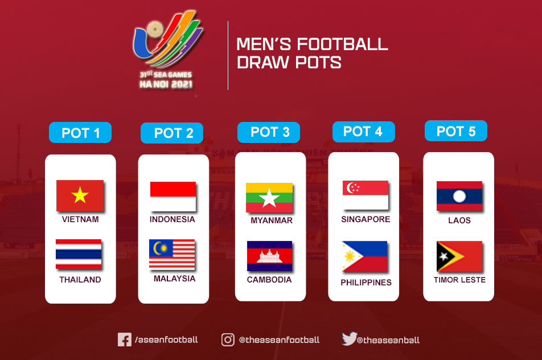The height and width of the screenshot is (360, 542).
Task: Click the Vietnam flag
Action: point(80,195)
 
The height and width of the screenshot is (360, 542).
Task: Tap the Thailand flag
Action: point(79,254)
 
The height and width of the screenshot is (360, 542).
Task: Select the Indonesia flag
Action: point(173,196)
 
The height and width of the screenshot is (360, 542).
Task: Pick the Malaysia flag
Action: point(172,254)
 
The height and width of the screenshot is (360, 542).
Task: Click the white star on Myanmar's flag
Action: point(269,198)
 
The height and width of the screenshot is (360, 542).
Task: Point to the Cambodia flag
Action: point(269,256)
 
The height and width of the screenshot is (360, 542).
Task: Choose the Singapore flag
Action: point(366,195)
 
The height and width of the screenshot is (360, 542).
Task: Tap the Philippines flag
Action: point(364,256)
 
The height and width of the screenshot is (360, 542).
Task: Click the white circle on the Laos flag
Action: point(459,197)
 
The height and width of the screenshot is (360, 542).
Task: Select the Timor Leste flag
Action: point(459,256)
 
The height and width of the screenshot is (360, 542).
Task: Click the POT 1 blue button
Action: point(80,133)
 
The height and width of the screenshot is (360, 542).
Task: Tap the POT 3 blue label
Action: point(269,132)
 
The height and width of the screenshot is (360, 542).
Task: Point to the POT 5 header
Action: point(456,130)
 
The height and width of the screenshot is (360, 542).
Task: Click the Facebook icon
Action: point(125,339)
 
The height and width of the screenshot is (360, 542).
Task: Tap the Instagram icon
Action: point(228,339)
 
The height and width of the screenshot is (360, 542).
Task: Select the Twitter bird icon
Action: point(349,338)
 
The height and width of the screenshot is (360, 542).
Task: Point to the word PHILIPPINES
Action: point(366,283)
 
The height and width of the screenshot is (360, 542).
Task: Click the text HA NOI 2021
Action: point(166,84)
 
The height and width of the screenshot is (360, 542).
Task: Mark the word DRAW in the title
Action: point(263,63)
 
